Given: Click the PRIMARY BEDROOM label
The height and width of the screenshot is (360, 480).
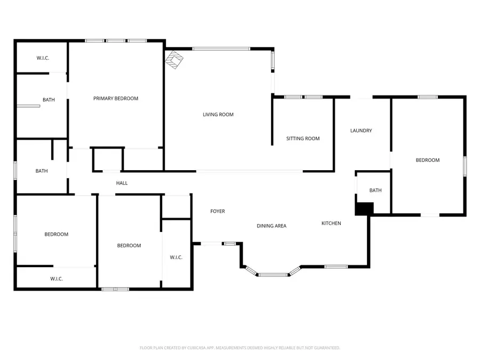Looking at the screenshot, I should click(x=116, y=99).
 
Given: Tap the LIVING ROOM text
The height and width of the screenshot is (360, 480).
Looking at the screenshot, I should click(x=218, y=115).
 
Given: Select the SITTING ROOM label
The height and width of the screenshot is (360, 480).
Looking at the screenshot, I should click(x=303, y=139).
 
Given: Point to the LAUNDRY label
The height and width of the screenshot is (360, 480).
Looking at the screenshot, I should click(x=361, y=131).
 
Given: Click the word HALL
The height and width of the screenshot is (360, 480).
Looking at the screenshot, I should click(x=122, y=183).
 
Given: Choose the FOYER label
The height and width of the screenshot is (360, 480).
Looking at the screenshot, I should click(x=218, y=212).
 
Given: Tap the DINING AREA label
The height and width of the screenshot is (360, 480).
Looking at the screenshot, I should click(x=271, y=226).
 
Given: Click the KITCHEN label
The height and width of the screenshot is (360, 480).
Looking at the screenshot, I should click(x=331, y=223).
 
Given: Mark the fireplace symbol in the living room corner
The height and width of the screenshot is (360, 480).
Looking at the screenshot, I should click(x=174, y=60).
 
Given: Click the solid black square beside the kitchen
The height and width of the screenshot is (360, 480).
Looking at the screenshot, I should click(x=363, y=209).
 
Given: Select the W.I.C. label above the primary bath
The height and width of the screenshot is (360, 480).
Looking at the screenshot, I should click(x=43, y=58).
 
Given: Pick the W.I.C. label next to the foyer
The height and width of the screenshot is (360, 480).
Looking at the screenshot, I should click(x=176, y=258).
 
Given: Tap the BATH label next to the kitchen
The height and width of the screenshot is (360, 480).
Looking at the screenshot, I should click(x=375, y=191).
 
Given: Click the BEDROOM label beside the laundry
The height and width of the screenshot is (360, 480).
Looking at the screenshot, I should click(x=428, y=161).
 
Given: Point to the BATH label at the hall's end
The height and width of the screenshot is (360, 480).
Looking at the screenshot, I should click(x=42, y=171).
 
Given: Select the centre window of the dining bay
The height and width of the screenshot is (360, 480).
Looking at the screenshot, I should click(x=273, y=275).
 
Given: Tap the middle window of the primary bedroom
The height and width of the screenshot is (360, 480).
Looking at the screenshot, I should click(x=116, y=41).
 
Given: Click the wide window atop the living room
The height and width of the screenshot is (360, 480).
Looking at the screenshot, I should click(x=221, y=49).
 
